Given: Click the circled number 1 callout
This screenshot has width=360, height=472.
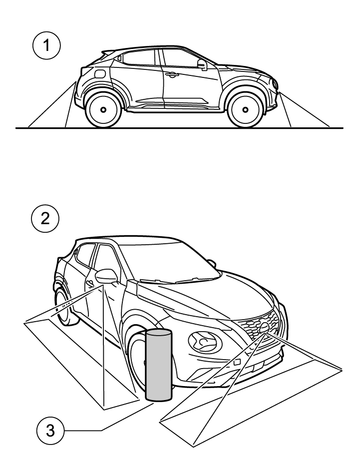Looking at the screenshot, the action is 47,45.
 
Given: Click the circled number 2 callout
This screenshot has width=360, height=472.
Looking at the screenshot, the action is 45,219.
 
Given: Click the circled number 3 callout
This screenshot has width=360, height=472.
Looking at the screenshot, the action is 50,430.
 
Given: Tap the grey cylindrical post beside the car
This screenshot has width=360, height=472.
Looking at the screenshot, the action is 159,364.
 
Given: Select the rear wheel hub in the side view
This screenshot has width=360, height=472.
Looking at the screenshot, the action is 103,109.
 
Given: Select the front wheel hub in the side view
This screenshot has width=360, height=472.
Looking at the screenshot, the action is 245,109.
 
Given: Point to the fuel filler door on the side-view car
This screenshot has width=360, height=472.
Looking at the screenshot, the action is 99,73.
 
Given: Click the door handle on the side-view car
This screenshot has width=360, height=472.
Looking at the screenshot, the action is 172,75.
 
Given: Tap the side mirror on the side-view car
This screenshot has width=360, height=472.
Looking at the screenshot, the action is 202,64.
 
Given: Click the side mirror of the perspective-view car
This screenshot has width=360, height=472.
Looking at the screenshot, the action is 106,276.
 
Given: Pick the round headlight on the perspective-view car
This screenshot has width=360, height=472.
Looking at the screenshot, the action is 205,343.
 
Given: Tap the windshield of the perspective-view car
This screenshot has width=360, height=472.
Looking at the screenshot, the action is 167,262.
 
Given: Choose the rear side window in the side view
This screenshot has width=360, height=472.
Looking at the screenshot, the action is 137,58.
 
